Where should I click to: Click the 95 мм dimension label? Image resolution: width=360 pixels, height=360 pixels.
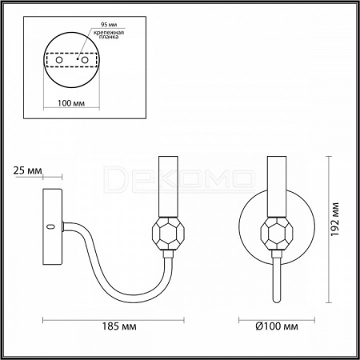(x=109, y=25)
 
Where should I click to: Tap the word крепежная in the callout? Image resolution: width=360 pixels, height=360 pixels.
(x=109, y=33)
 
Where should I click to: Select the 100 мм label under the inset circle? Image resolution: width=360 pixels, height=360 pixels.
(x=71, y=103)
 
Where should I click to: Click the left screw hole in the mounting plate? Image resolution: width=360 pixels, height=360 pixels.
(x=59, y=60)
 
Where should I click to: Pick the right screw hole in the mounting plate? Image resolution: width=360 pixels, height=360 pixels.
(x=85, y=60)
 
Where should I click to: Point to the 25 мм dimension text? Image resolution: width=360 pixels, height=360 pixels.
(x=27, y=170)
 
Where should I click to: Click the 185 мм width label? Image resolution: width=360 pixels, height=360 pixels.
(x=119, y=326)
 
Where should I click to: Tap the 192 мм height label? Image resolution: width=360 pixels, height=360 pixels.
(x=335, y=219)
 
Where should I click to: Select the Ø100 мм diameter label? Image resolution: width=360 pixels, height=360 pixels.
(x=277, y=326)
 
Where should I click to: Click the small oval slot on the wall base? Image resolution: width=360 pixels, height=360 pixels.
(x=50, y=227)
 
